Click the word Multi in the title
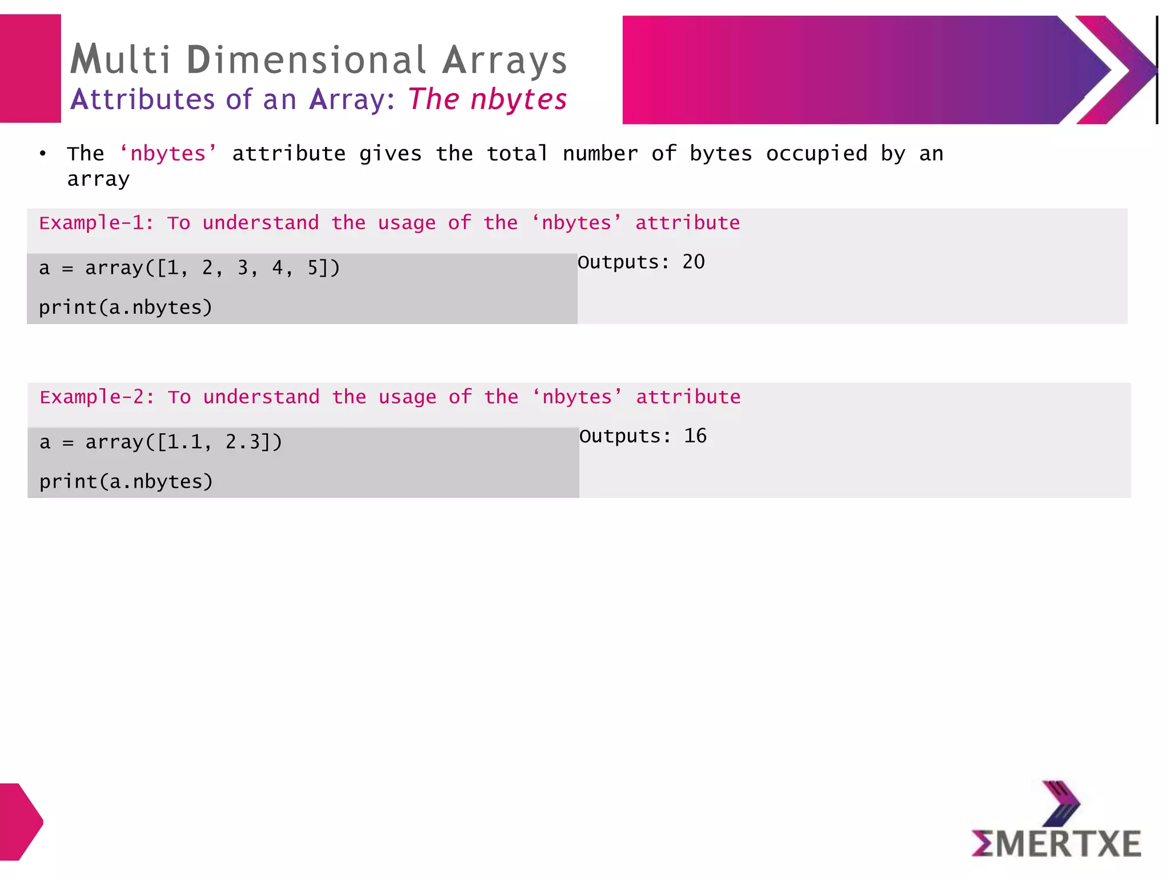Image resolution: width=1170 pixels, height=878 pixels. (x=121, y=59)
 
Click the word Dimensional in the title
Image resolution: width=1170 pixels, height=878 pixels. (x=306, y=59)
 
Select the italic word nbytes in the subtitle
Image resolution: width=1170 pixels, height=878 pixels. (x=518, y=99)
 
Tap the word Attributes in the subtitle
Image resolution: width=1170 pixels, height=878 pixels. (x=142, y=99)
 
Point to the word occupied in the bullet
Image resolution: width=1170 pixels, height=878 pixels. (x=816, y=154)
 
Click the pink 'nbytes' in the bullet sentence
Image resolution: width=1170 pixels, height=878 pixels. (x=168, y=154)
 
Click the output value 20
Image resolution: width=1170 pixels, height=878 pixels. (x=694, y=262)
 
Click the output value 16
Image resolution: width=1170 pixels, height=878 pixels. (x=695, y=436)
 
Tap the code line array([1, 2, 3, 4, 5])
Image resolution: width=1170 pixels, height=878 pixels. (x=212, y=268)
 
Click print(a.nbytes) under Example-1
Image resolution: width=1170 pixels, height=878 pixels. (x=126, y=308)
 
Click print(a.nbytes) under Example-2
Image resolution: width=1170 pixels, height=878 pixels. (x=126, y=482)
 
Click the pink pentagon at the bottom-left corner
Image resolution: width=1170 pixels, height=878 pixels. (x=20, y=821)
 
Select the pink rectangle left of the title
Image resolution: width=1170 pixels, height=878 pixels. (x=30, y=69)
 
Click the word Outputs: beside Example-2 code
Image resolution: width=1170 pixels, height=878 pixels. (x=625, y=436)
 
